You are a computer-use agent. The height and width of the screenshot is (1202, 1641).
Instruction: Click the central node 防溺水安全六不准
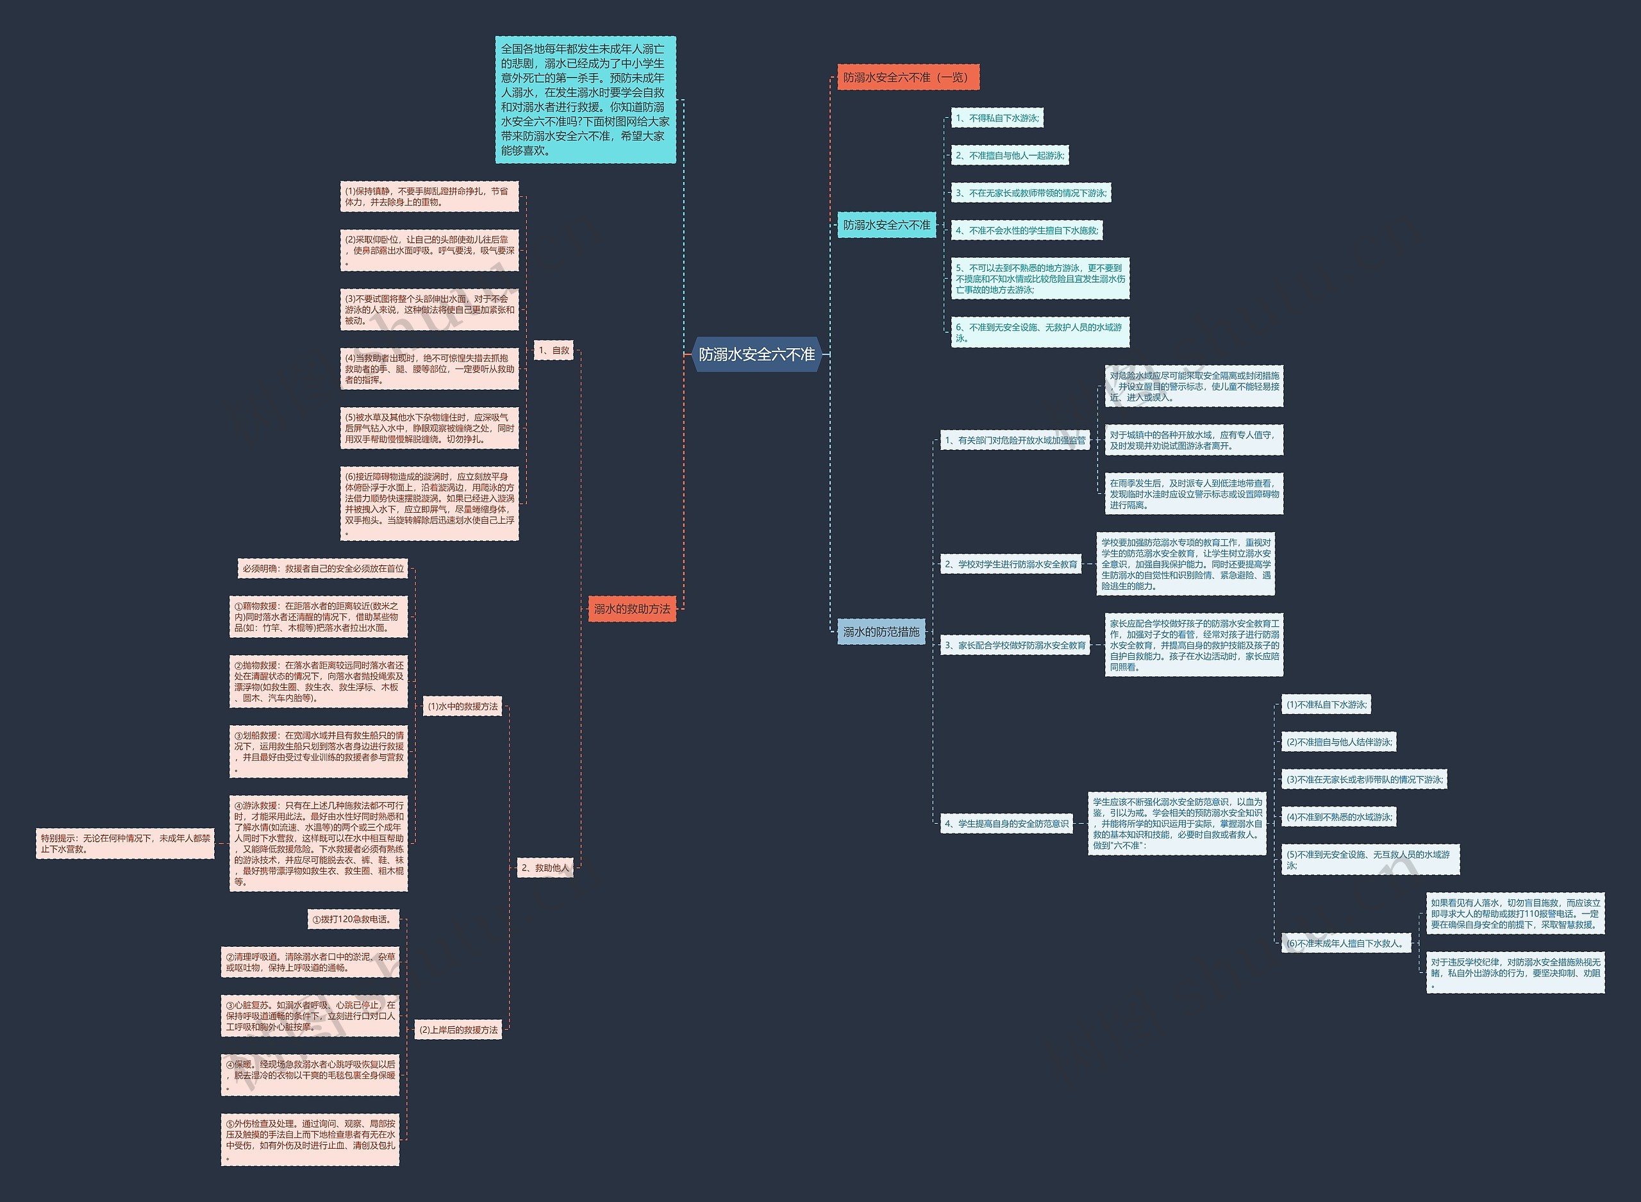(x=756, y=355)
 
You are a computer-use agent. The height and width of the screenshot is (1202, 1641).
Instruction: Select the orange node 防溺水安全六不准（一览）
(x=907, y=77)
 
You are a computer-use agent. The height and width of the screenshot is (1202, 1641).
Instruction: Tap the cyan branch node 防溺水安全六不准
(x=886, y=225)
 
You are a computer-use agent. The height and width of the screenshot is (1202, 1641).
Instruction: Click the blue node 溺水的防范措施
(x=880, y=631)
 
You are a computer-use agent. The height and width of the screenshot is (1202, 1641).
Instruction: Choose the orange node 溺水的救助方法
(x=631, y=609)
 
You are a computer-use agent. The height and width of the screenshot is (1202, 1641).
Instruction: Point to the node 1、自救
(x=554, y=350)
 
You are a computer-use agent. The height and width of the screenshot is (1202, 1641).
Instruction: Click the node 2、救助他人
(x=545, y=867)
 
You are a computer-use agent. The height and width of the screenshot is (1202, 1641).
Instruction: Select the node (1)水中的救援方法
(x=463, y=706)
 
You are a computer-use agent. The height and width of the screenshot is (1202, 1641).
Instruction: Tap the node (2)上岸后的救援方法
(x=458, y=1030)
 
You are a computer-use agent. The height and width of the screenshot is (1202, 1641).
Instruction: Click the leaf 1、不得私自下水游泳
(x=997, y=118)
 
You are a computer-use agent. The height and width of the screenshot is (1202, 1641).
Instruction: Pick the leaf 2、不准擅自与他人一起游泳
(x=1010, y=155)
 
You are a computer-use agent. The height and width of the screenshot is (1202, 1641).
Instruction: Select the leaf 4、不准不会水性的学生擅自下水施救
(x=1027, y=231)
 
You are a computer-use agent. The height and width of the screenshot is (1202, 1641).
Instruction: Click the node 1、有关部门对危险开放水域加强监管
(x=1015, y=440)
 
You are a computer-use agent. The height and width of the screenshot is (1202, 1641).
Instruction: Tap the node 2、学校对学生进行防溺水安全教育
(x=1010, y=564)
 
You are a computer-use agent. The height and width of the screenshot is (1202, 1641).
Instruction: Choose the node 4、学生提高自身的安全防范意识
(x=1006, y=824)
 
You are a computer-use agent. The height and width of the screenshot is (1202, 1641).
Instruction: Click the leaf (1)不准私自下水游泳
(x=1326, y=705)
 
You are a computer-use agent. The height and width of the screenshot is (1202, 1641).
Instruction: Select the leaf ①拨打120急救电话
(x=353, y=919)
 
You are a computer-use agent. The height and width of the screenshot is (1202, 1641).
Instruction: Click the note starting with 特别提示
(x=125, y=843)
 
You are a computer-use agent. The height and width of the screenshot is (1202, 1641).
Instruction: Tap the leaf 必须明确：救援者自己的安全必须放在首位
(x=323, y=568)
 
